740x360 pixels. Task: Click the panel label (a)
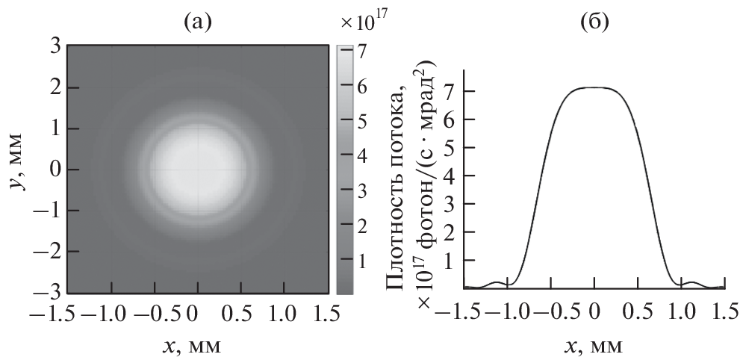tap(197, 22)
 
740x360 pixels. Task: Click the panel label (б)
tap(594, 22)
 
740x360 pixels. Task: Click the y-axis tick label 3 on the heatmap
tap(54, 46)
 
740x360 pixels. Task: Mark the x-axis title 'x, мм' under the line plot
tap(594, 345)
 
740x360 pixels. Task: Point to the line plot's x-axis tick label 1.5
tap(722, 312)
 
